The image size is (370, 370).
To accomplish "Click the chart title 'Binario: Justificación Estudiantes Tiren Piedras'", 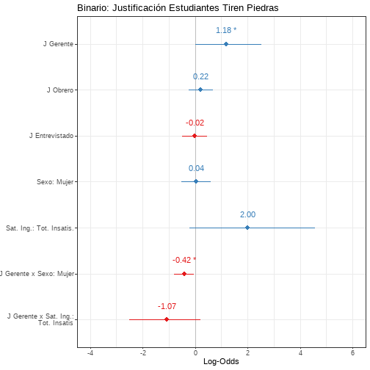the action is pos(178,8).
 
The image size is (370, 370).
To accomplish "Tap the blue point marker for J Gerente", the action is pos(226,44).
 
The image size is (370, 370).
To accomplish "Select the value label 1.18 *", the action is pos(226,30).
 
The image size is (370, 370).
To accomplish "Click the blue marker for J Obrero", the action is pos(200,90).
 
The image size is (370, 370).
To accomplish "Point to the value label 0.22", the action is pos(200,76).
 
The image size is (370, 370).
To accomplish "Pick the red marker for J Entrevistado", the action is pos(195,136).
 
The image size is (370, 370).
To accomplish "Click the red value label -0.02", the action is pos(195,123).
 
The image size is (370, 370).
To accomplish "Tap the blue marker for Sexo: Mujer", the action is pos(196,181).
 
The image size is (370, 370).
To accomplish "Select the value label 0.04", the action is pos(196,168).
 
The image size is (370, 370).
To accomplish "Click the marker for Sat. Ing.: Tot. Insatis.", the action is pos(247,228).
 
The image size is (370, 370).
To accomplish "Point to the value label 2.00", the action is pos(247,214).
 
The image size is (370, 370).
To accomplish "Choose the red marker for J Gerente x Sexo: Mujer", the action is pos(184,274).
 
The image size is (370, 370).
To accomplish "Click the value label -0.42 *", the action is pos(184,260).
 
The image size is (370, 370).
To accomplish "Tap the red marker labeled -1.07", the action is pos(167,319).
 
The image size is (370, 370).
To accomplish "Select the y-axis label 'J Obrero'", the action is pos(60,90).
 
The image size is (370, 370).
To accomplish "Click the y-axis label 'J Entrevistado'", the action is pos(51,136).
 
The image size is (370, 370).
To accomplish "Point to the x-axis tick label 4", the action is pos(300,352).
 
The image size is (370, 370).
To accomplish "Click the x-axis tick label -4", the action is pos(90,352).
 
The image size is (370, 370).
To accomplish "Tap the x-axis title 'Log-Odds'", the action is pos(221,361).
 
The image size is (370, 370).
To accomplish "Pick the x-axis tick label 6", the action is pos(352,352).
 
